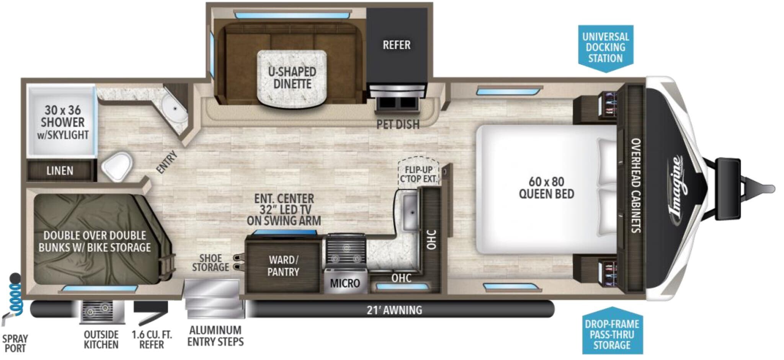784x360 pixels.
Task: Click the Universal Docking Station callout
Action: [605, 48]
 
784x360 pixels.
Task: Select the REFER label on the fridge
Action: [397, 45]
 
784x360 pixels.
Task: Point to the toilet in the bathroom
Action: [116, 167]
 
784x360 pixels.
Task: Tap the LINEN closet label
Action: [60, 171]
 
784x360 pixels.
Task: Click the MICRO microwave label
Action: [345, 283]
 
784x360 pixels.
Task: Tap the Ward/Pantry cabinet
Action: [283, 266]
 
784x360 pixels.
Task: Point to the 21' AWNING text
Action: [394, 310]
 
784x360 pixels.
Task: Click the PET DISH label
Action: [398, 124]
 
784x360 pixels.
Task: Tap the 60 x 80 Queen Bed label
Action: [546, 187]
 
